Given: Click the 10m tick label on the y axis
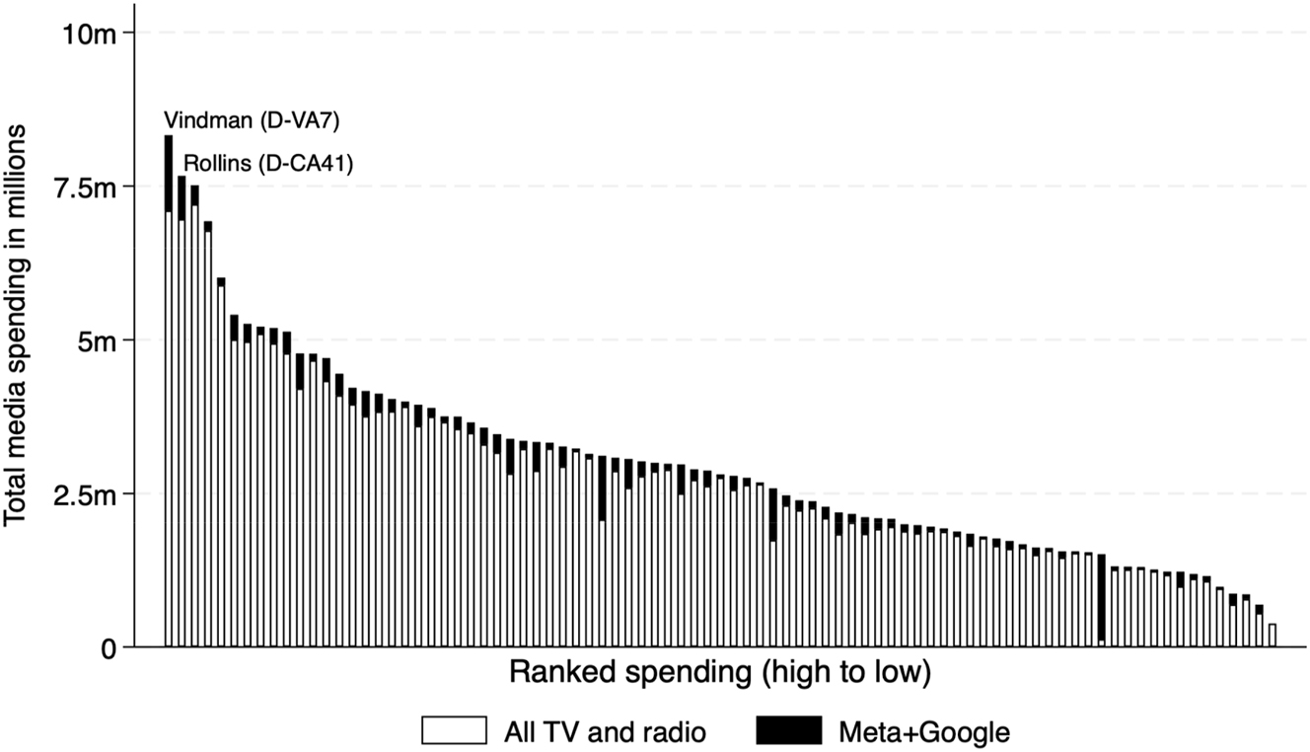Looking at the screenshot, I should pyautogui.click(x=90, y=34).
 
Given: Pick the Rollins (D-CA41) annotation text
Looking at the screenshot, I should pyautogui.click(x=268, y=163).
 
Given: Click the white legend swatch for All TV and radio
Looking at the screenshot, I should pyautogui.click(x=455, y=731).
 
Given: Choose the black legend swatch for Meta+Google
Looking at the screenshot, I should pyautogui.click(x=788, y=731).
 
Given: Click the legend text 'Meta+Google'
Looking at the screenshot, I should pyautogui.click(x=924, y=732).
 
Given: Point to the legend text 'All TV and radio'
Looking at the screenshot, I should pyautogui.click(x=605, y=732).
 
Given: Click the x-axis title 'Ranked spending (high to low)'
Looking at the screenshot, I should pyautogui.click(x=720, y=674).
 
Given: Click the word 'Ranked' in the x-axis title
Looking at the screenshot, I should pyautogui.click(x=554, y=674).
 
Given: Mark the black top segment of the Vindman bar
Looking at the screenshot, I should pyautogui.click(x=169, y=173).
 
